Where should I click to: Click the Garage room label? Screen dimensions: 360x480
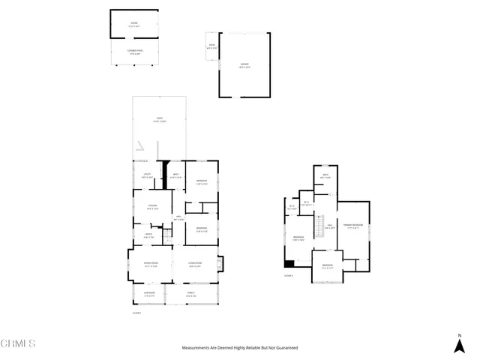pos(244,64)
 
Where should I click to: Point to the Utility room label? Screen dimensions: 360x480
pos(148,175)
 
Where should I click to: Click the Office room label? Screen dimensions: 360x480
pos(148,235)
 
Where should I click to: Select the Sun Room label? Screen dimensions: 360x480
pos(149,295)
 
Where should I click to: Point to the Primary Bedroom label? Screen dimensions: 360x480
pos(353,226)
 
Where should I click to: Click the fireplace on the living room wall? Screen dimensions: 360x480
pos(219,263)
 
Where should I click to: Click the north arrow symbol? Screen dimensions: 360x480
pos(459,343)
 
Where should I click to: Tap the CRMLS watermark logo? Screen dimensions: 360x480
pos(18,344)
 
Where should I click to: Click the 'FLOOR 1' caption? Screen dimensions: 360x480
pos(136,312)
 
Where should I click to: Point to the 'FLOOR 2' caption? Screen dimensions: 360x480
pos(288,276)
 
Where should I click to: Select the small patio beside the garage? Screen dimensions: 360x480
pos(211,46)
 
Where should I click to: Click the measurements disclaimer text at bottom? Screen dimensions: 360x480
pos(240,348)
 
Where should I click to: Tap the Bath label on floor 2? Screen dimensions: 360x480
pos(326,176)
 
